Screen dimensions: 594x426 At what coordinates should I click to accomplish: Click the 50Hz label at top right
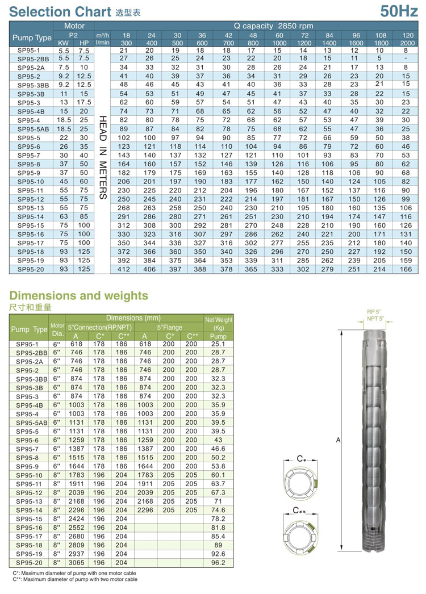398,10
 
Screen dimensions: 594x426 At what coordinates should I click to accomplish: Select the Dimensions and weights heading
79,295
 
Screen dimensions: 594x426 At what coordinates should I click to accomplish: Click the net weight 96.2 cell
218,562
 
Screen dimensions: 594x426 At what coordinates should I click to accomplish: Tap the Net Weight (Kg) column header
218,324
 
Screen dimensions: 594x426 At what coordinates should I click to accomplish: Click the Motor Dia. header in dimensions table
57,329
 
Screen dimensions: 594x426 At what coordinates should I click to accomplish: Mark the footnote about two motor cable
74,579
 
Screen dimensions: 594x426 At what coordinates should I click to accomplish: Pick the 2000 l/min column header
406,43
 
